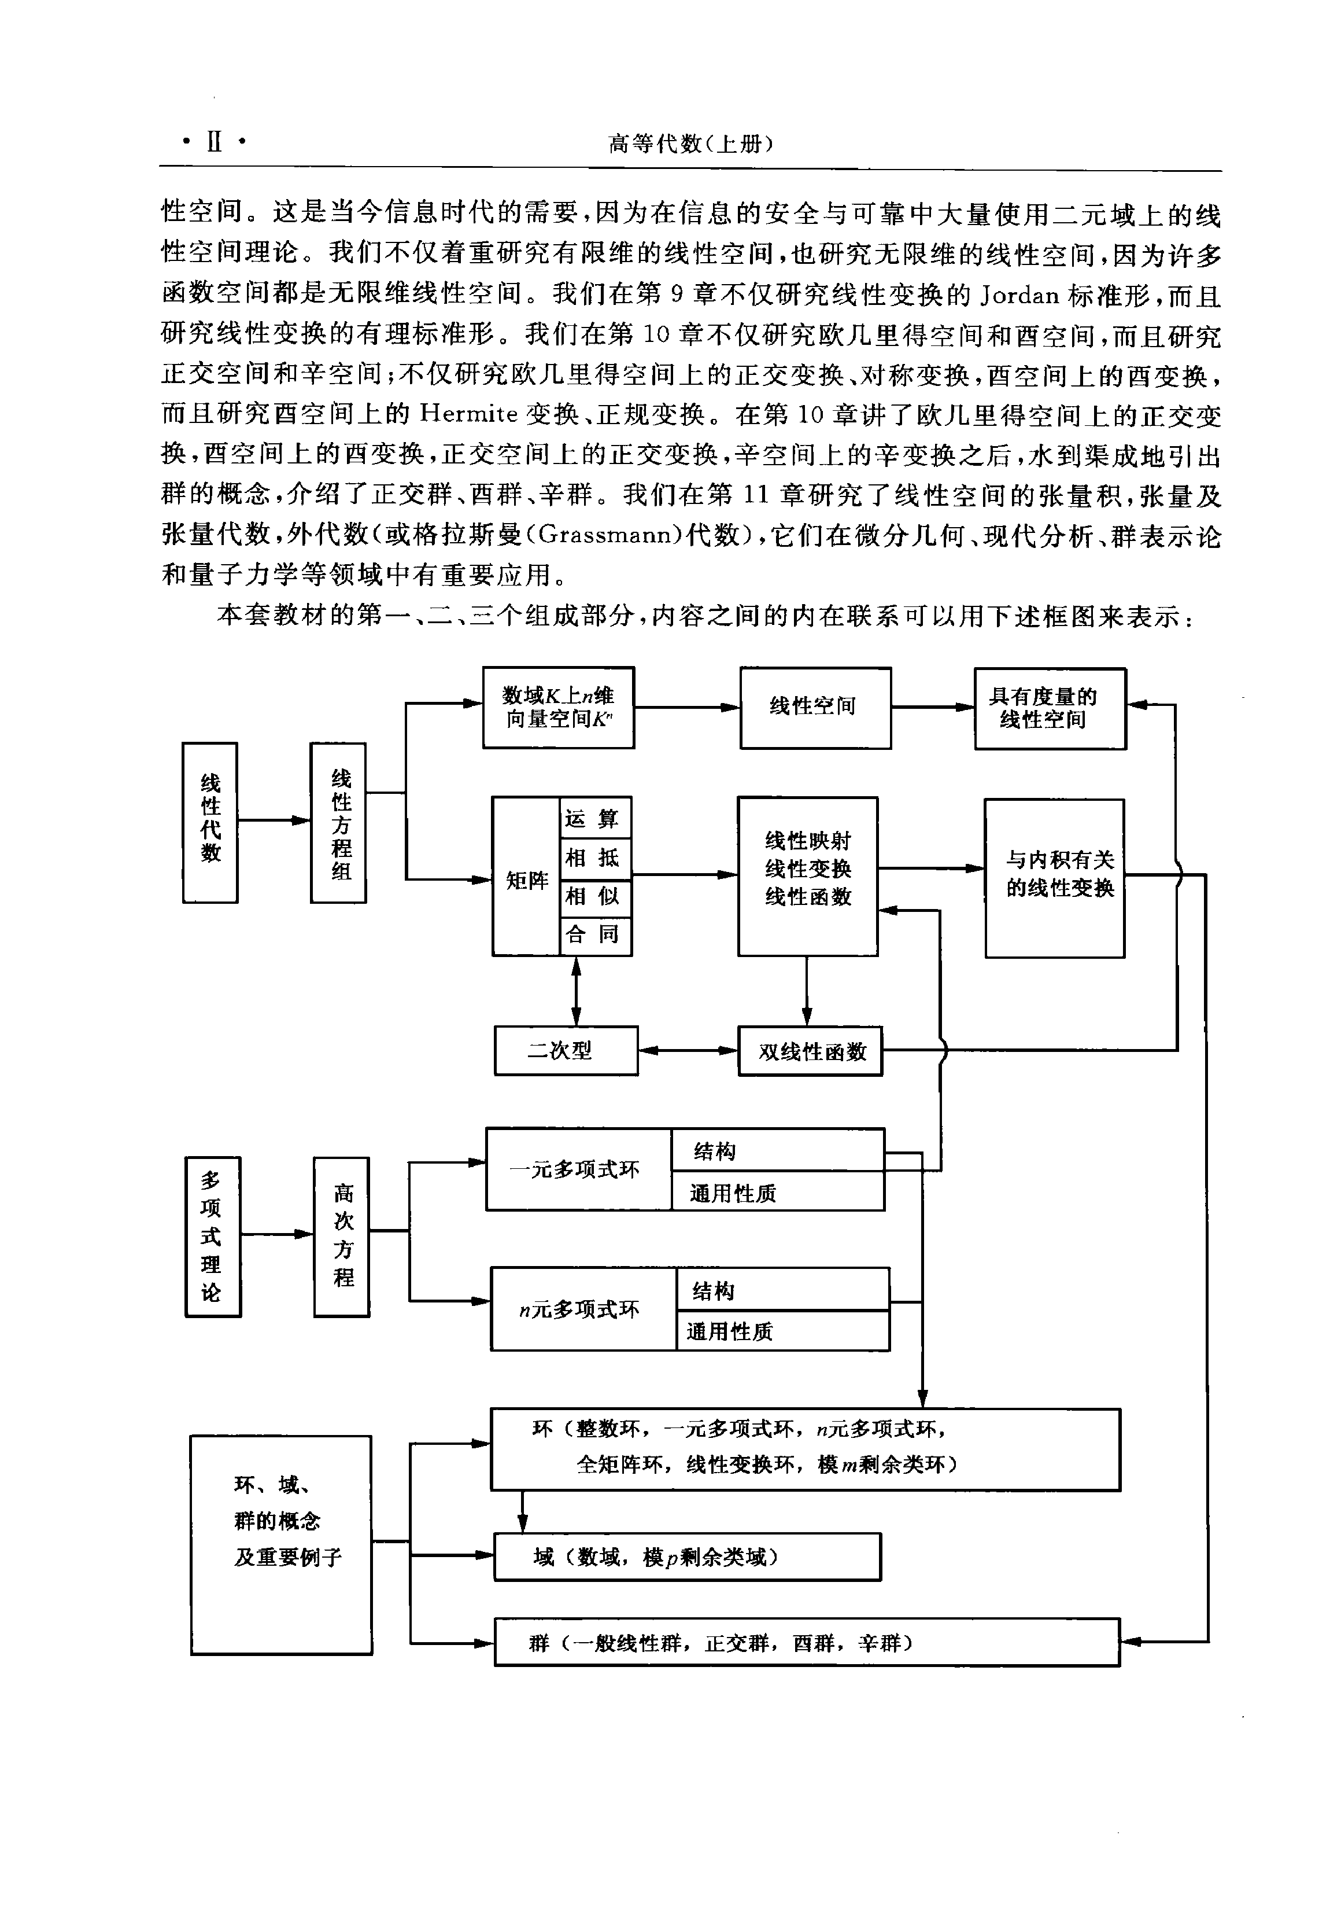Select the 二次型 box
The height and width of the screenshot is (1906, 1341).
566,1051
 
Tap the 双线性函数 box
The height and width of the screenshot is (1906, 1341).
810,1052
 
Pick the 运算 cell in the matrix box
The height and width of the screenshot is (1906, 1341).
595,819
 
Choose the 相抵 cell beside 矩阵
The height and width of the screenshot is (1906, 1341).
595,858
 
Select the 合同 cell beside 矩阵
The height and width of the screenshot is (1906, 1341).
595,936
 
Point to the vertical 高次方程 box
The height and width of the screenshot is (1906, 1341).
342,1237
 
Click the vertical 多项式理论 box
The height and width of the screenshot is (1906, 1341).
212,1237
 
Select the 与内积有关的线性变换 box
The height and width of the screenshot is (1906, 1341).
1055,878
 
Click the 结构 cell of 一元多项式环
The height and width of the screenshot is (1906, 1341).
778,1150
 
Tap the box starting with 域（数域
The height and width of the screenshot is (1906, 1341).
687,1557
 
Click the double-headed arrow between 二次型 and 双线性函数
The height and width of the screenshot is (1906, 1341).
688,1051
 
